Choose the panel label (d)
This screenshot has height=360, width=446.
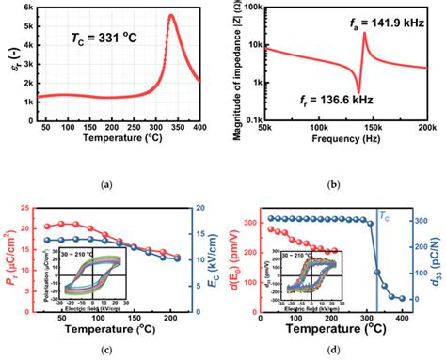point(337,350)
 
